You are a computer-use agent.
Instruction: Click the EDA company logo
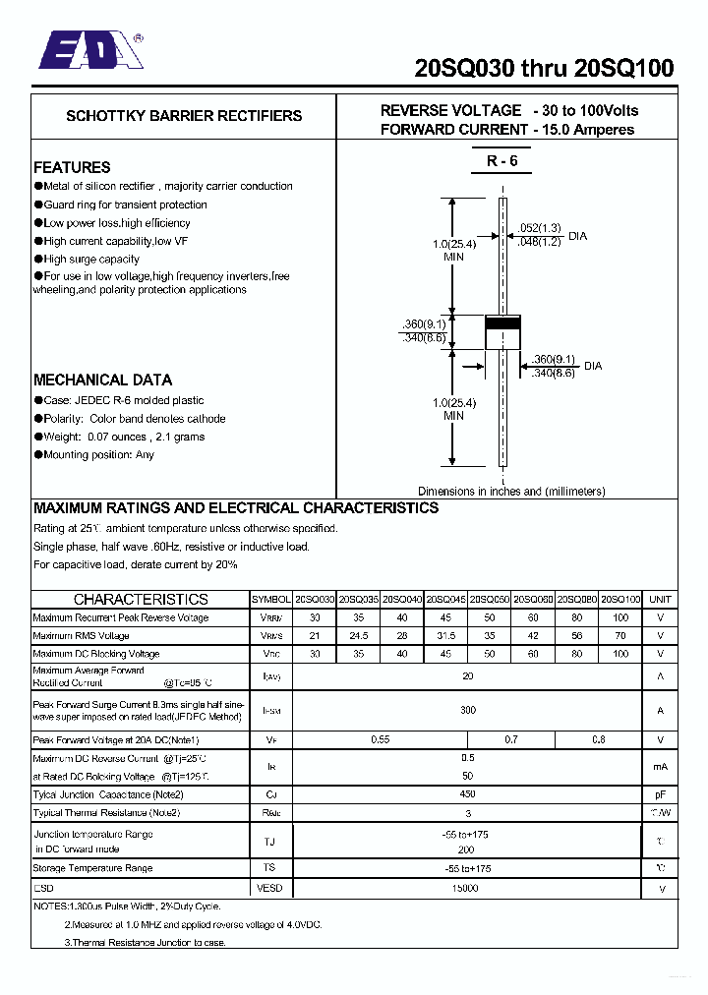pyautogui.click(x=90, y=50)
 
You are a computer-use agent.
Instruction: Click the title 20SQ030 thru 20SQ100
pyautogui.click(x=544, y=68)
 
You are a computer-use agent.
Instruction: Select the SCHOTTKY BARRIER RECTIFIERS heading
pyautogui.click(x=184, y=116)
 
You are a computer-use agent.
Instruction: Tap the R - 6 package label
pyautogui.click(x=501, y=161)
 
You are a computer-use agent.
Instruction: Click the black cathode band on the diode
pyautogui.click(x=502, y=324)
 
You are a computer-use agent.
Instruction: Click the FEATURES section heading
pyautogui.click(x=72, y=167)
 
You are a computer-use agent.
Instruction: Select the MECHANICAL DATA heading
pyautogui.click(x=102, y=380)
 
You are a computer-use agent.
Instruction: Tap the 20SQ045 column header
pyautogui.click(x=445, y=599)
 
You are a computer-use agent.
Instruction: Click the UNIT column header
pyautogui.click(x=660, y=599)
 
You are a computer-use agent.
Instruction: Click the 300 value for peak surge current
pyautogui.click(x=467, y=710)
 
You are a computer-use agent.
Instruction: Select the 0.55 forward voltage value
pyautogui.click(x=380, y=739)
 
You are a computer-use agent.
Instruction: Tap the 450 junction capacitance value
pyautogui.click(x=467, y=794)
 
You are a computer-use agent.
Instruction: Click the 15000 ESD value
pyautogui.click(x=467, y=888)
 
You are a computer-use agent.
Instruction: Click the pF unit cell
pyautogui.click(x=660, y=794)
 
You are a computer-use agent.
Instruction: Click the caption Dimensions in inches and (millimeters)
pyautogui.click(x=511, y=491)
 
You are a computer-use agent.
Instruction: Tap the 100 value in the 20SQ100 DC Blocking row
pyautogui.click(x=620, y=654)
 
